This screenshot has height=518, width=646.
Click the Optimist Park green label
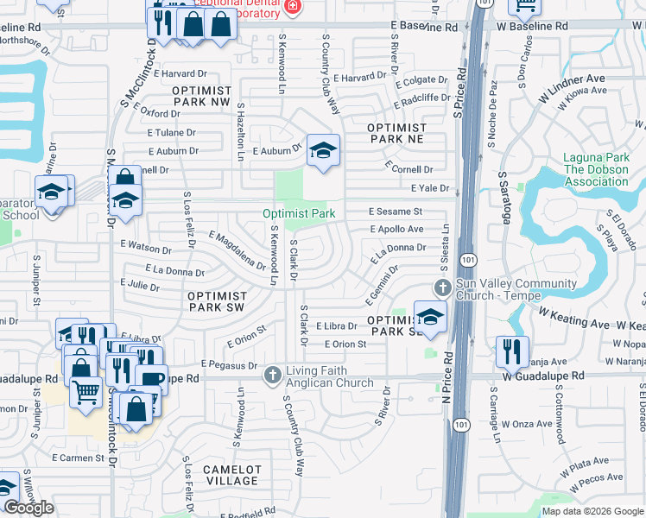pyautogui.click(x=299, y=213)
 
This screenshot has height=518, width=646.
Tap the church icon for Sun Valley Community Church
pyautogui.click(x=442, y=287)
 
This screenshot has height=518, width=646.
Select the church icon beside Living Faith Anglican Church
pyautogui.click(x=273, y=373)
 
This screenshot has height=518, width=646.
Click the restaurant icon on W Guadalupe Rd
pyautogui.click(x=512, y=351)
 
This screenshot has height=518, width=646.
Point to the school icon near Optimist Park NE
pyautogui.click(x=323, y=150)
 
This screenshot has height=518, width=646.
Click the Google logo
pyautogui.click(x=28, y=508)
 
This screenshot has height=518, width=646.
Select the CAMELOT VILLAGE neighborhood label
pyautogui.click(x=231, y=475)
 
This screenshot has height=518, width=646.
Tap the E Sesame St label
pyautogui.click(x=395, y=212)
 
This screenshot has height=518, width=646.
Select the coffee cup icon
pyautogui.click(x=151, y=379)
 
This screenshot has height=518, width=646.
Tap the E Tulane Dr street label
pyautogui.click(x=172, y=133)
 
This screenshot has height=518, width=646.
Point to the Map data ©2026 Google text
pyautogui.click(x=592, y=511)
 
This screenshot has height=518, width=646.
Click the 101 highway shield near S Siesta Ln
pyautogui.click(x=467, y=259)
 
